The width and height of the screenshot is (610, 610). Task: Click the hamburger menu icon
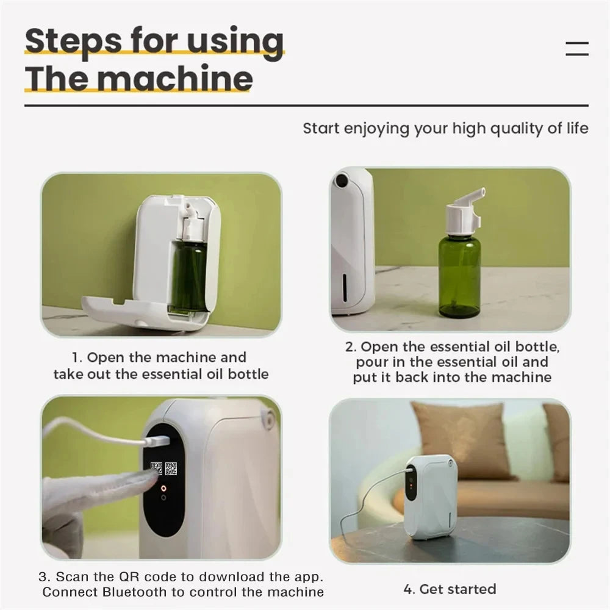tap(576, 49)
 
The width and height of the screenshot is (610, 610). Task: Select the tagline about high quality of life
tap(445, 128)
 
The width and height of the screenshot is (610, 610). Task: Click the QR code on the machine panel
tap(163, 468)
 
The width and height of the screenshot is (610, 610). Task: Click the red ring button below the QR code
tap(163, 487)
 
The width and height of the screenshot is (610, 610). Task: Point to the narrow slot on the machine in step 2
tap(345, 287)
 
